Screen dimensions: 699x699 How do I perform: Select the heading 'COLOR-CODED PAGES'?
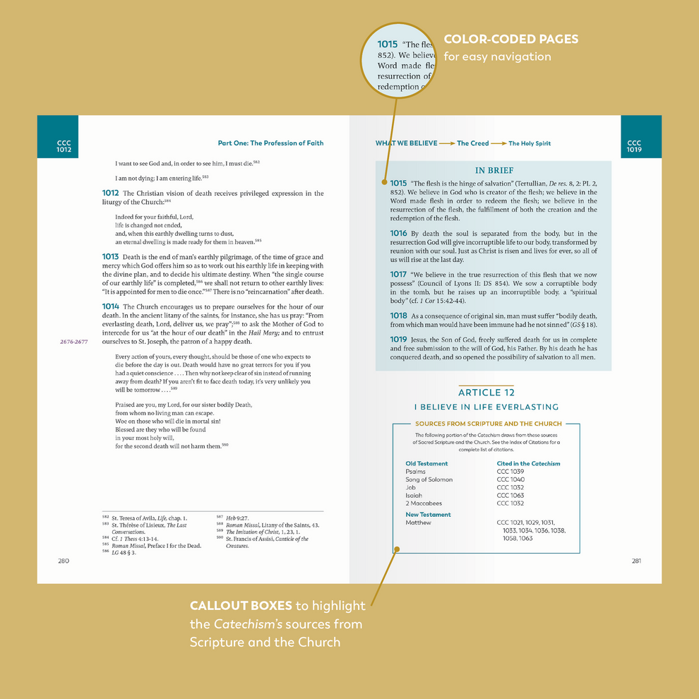click(x=510, y=40)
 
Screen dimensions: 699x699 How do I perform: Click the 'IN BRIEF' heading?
click(x=494, y=170)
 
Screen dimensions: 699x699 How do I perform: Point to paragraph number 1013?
click(x=110, y=257)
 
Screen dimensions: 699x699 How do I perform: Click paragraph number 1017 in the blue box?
click(x=398, y=275)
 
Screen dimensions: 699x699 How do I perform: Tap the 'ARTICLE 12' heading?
click(x=486, y=393)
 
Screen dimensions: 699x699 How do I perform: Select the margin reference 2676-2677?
click(x=73, y=341)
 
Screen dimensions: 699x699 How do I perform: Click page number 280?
click(x=64, y=561)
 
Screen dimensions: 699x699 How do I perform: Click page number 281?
click(x=635, y=561)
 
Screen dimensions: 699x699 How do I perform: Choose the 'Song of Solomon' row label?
click(x=429, y=479)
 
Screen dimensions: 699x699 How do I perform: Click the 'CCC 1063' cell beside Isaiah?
click(x=510, y=496)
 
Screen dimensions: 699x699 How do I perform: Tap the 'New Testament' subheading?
click(x=428, y=515)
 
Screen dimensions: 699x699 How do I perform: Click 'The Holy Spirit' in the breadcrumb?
click(x=530, y=143)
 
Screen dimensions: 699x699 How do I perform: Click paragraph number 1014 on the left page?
click(x=110, y=306)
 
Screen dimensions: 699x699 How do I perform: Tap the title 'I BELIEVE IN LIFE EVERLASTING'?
click(x=486, y=407)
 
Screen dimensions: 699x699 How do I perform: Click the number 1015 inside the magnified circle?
click(x=388, y=44)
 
